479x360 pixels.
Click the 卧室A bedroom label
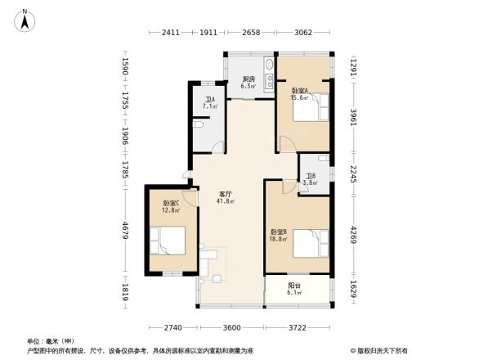301,92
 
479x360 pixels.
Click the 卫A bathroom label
210,103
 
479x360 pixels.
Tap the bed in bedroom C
174,240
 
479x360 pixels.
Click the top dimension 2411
170,33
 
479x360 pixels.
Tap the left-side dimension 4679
126,237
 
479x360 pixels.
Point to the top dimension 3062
303,33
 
